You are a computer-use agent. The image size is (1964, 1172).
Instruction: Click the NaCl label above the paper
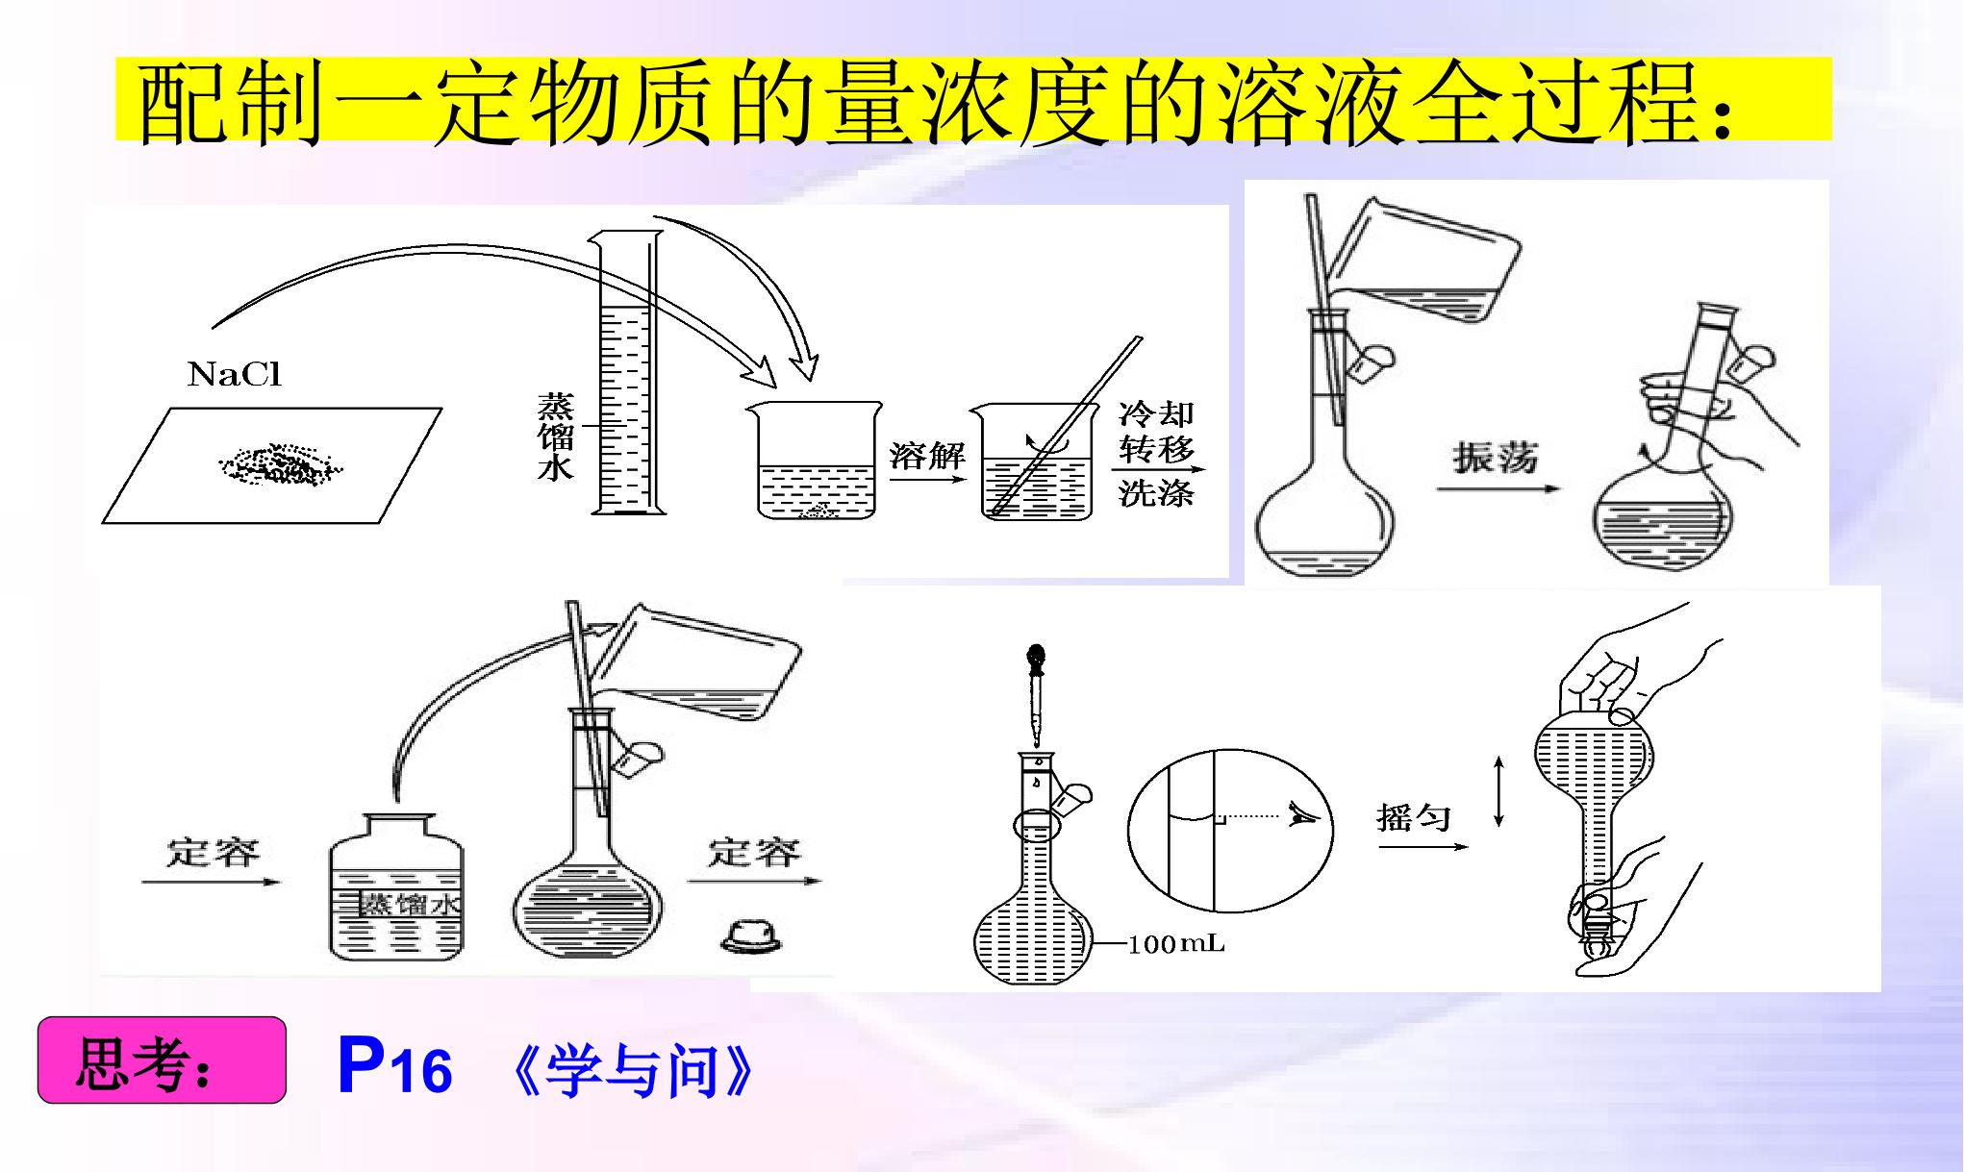click(x=235, y=374)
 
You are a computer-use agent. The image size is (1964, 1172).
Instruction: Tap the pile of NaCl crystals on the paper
click(x=279, y=465)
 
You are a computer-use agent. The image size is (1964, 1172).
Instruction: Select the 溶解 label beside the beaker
click(x=927, y=454)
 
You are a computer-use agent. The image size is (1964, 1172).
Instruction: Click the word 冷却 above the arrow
click(x=1156, y=414)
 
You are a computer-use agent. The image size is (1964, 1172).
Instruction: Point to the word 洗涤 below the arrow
click(x=1156, y=493)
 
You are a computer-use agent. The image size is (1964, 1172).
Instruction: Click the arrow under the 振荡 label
click(x=1498, y=489)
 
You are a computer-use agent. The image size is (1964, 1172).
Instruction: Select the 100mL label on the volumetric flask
click(x=1176, y=944)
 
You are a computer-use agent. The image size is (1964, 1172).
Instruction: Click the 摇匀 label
click(x=1414, y=818)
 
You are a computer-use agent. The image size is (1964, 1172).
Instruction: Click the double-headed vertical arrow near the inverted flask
click(x=1498, y=791)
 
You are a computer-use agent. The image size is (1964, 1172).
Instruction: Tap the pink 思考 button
click(x=162, y=1060)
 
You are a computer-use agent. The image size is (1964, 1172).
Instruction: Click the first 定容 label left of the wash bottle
click(x=214, y=853)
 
